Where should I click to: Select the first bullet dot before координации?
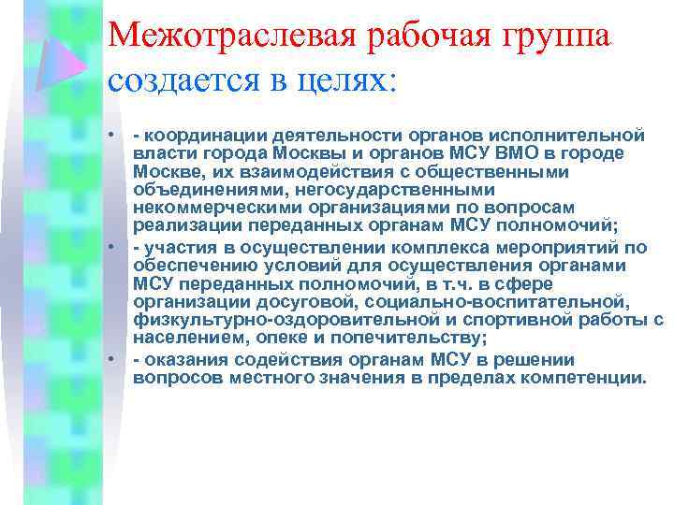tap(111, 137)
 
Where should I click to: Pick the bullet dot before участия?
tap(111, 248)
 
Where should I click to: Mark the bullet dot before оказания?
tap(111, 360)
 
